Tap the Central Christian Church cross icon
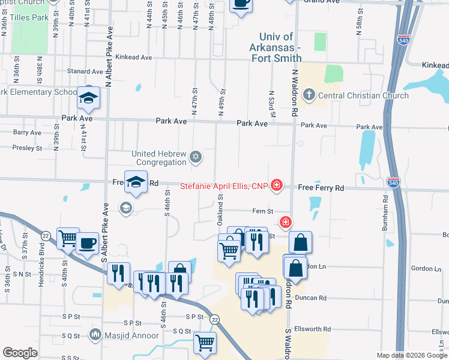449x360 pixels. (309, 95)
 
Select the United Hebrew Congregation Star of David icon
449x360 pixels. (194, 158)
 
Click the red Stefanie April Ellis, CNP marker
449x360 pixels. (276, 186)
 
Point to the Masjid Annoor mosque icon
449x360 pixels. (95, 334)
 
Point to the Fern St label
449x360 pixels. (262, 211)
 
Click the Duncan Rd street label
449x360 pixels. (314, 298)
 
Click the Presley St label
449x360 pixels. (27, 148)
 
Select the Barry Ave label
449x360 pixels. (27, 133)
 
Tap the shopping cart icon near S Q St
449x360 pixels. (205, 343)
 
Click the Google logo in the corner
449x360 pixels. (19, 353)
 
